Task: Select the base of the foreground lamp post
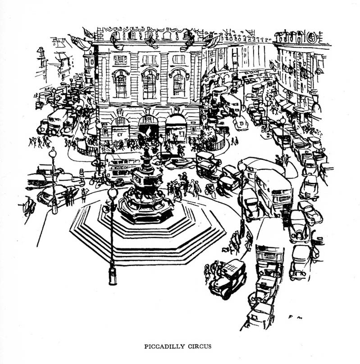click(x=113, y=276)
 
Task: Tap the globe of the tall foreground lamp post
click(x=113, y=193)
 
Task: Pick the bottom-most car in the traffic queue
click(x=258, y=315)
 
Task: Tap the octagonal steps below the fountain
click(x=149, y=239)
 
